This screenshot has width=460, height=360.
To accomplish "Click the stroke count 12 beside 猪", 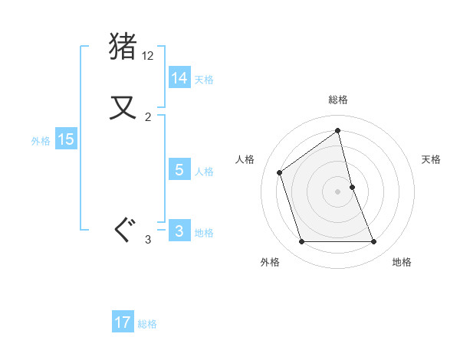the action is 148,56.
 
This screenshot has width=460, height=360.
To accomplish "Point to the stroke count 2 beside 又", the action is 148,116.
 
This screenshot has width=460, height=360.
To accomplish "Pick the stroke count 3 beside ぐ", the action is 148,240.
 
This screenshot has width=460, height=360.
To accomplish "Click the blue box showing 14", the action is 179,78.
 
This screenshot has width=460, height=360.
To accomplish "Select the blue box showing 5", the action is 179,170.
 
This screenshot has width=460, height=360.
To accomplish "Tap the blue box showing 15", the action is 66,139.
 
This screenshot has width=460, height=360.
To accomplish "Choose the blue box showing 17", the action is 123,322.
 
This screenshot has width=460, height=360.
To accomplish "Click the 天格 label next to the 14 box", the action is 204,80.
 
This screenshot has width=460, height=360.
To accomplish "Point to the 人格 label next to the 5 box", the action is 204,172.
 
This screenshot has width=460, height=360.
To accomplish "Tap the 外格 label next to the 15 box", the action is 41,141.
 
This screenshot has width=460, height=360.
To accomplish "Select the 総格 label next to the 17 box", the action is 147,324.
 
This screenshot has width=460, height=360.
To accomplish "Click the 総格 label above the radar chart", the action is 338,100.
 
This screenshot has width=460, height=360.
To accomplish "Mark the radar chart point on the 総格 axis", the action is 338,131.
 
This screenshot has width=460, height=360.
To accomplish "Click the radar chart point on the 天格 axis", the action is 352,187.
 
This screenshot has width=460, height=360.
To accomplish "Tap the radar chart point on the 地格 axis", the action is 374,242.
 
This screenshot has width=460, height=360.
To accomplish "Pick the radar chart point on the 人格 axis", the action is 280,172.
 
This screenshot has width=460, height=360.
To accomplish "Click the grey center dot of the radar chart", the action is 338,191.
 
